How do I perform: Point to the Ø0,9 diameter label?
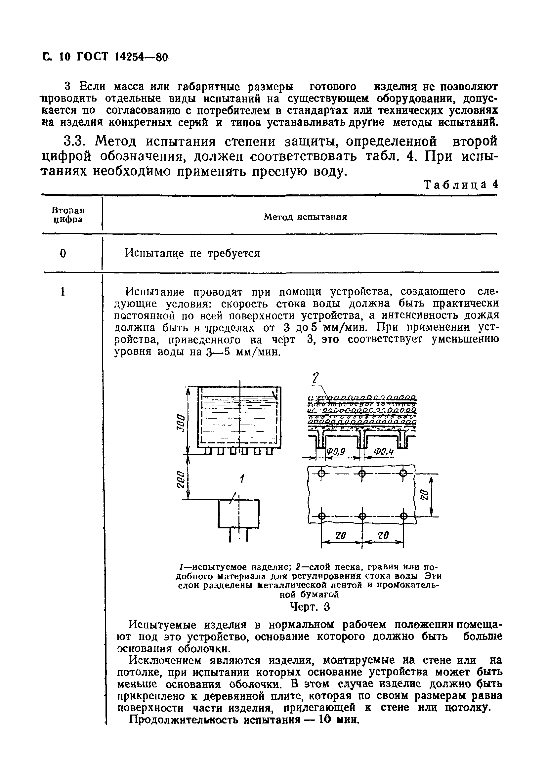coord(336,451)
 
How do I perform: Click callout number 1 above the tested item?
coord(241,479)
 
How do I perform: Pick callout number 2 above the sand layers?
coord(316,377)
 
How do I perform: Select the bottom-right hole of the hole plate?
coord(403,516)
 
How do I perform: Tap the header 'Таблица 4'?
coord(461,185)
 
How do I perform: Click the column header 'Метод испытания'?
coord(305,217)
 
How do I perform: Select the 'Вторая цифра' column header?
coord(68,215)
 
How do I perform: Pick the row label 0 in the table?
coord(63,253)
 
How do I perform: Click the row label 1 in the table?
coord(63,292)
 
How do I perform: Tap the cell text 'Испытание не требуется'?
coord(192,253)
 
